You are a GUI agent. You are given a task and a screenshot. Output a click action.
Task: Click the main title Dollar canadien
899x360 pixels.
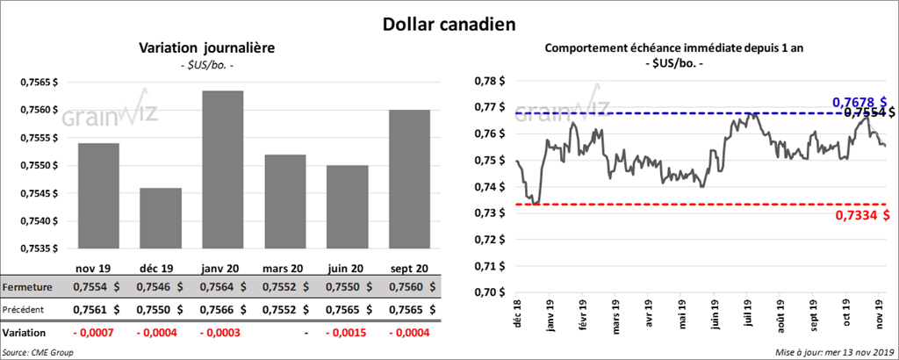click(449, 23)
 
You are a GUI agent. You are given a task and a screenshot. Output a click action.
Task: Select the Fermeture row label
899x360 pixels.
click(28, 287)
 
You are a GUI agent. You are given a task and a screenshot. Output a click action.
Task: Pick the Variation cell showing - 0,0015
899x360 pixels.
click(345, 334)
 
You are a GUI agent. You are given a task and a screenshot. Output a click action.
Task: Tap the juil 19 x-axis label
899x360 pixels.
click(749, 312)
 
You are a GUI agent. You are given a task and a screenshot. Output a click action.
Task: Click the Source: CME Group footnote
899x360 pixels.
click(38, 352)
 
